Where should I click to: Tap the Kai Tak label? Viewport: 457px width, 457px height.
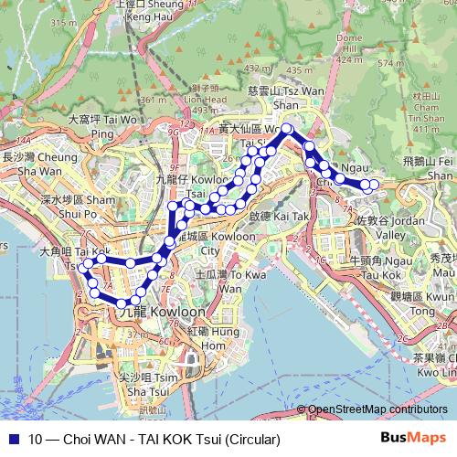(x=273, y=218)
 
